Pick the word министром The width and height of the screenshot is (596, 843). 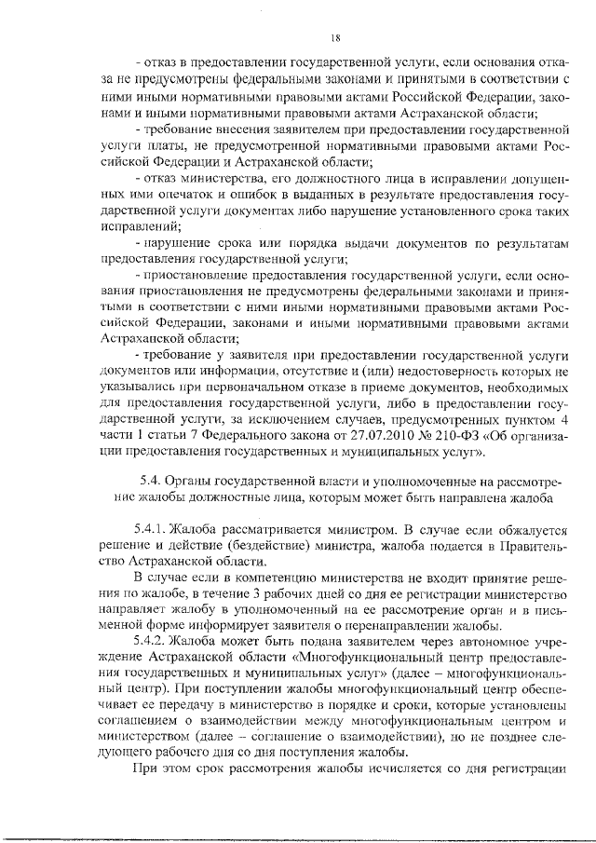tap(336, 526)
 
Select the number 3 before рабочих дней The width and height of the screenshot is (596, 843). tap(247, 591)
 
